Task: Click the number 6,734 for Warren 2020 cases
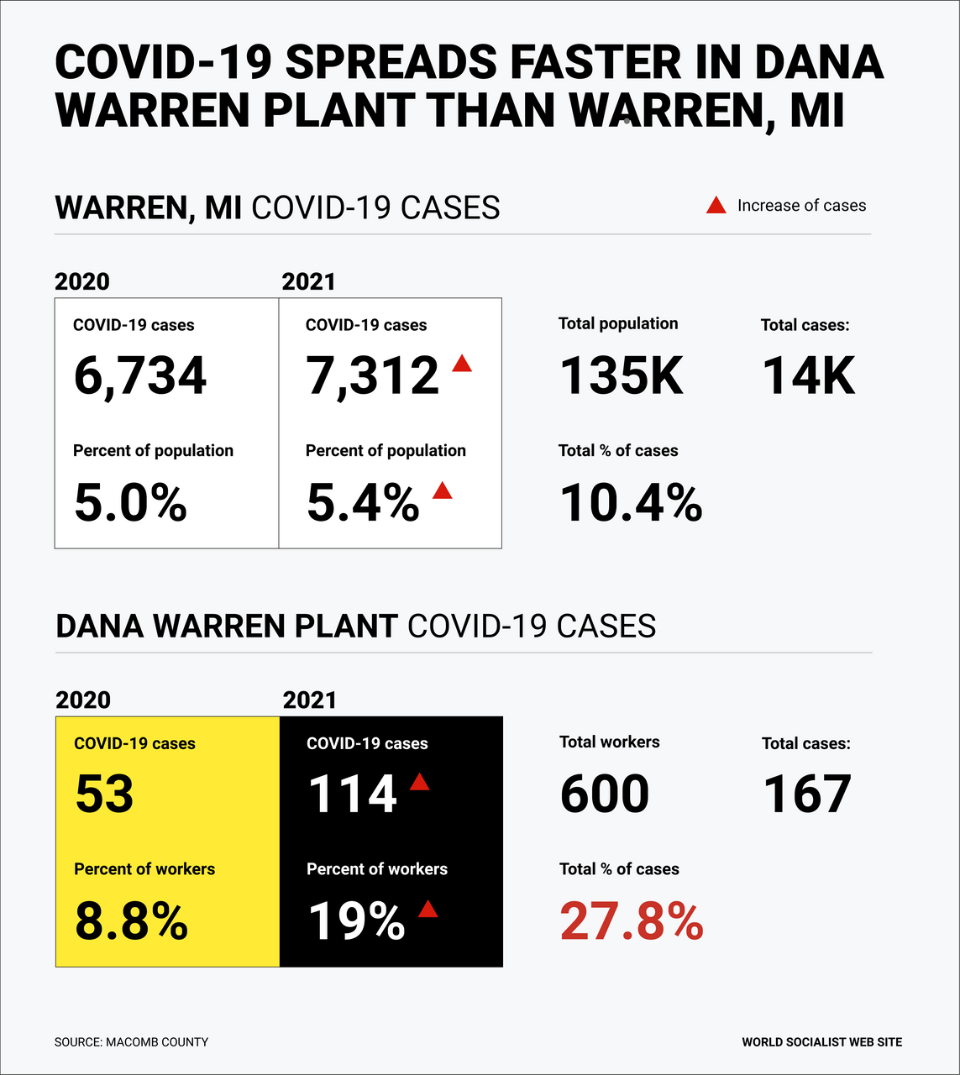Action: click(139, 375)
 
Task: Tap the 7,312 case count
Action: click(372, 375)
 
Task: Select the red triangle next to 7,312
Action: click(462, 364)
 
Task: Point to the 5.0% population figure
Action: click(130, 503)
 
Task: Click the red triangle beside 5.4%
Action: click(443, 490)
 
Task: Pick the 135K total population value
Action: click(622, 375)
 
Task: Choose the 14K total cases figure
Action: click(809, 375)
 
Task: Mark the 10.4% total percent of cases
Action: click(631, 503)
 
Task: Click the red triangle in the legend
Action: click(716, 205)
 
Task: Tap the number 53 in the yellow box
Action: click(105, 794)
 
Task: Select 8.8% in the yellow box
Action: click(131, 921)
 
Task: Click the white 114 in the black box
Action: click(353, 794)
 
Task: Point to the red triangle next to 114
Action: click(419, 782)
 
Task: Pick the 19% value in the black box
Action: click(357, 921)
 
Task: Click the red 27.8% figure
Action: click(632, 921)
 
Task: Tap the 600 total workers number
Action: click(605, 794)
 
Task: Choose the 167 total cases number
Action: click(807, 794)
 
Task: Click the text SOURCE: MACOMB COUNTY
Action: click(131, 1042)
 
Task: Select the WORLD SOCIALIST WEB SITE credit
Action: click(821, 1042)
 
